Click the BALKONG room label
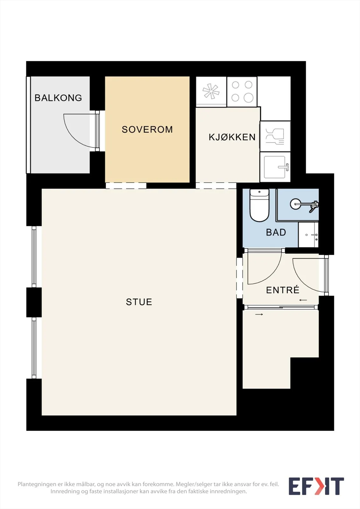tap(58, 98)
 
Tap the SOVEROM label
tap(147, 129)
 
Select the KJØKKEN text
tap(232, 137)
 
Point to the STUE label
tap(139, 302)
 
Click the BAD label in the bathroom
tap(276, 232)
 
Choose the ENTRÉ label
tap(282, 290)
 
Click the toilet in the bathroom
tap(259, 205)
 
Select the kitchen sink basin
tap(275, 167)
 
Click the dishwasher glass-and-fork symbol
tap(275, 136)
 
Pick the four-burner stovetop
tap(242, 92)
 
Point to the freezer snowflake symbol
tap(211, 92)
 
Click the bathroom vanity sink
tap(308, 235)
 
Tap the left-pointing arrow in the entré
tap(303, 300)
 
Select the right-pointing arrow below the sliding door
tap(259, 315)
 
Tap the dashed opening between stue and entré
tap(239, 278)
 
